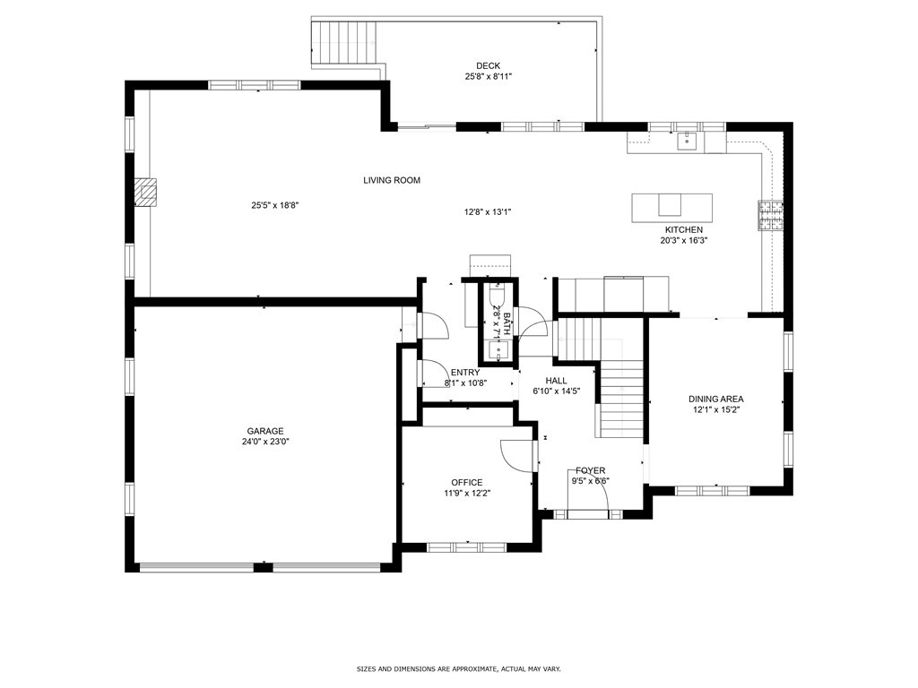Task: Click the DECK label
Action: coord(488,66)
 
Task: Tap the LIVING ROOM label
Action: coord(392,180)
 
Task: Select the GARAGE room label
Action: coord(264,431)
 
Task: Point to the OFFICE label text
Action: coord(466,483)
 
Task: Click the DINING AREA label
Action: coord(716,399)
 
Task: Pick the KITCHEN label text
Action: coord(684,230)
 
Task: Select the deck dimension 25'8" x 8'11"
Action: coord(489,76)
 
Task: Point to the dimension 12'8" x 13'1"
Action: coord(488,211)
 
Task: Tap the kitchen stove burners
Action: coord(771,215)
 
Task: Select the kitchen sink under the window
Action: coord(684,141)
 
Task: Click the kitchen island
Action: coord(671,208)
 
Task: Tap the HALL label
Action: coord(556,381)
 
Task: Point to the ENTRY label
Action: coord(465,373)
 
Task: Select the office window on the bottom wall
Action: coord(466,547)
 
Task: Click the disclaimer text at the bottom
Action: coord(459,668)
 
